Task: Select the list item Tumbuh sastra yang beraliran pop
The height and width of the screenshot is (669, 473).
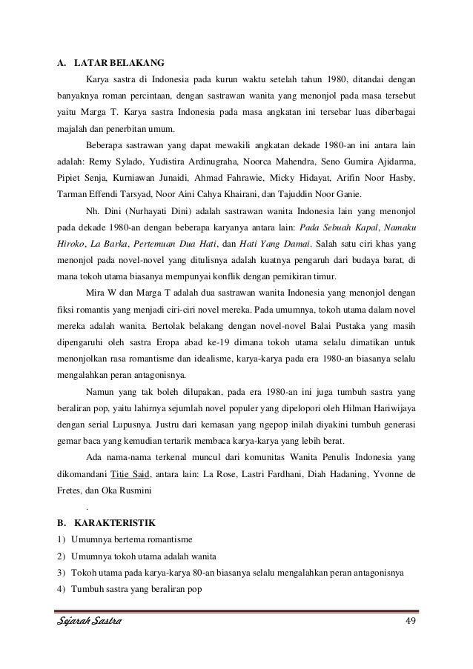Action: coord(133,590)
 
